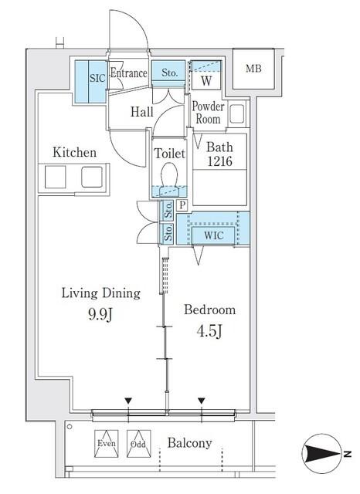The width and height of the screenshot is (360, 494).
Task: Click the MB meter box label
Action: click(x=253, y=69)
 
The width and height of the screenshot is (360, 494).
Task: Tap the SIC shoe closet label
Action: click(x=97, y=78)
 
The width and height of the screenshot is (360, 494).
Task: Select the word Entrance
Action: click(x=128, y=73)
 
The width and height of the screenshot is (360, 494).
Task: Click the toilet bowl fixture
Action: click(x=169, y=175)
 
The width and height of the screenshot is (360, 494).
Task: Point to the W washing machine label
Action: click(x=206, y=80)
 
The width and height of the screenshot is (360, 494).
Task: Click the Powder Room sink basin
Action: click(x=237, y=113)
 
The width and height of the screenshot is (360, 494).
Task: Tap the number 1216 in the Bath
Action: click(x=219, y=161)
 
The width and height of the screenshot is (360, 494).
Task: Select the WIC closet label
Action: click(x=213, y=235)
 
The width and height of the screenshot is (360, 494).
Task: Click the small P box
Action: click(x=182, y=205)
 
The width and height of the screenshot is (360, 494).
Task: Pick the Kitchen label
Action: click(x=74, y=152)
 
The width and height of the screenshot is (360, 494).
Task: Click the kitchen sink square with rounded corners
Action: click(x=92, y=177)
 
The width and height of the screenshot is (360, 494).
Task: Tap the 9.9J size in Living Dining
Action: click(x=100, y=314)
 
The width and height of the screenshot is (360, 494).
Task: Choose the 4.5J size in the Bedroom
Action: click(x=209, y=331)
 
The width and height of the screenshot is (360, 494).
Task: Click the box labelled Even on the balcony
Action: click(x=107, y=444)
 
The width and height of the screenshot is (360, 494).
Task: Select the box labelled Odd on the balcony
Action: click(x=139, y=444)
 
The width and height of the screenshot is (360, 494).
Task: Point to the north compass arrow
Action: click(x=322, y=454)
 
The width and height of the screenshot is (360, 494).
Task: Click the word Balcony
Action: click(x=189, y=443)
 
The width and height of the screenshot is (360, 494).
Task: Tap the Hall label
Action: click(x=142, y=111)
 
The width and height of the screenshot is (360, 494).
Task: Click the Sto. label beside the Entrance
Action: click(x=169, y=73)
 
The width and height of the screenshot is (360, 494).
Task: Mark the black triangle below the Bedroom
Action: click(x=202, y=401)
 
